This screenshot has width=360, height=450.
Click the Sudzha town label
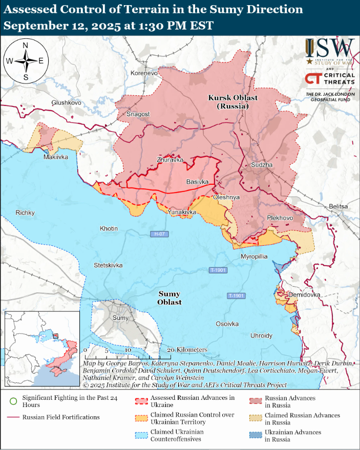click(262, 165)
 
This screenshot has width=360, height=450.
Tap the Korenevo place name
click(144, 74)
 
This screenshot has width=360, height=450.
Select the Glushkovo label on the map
click(66, 103)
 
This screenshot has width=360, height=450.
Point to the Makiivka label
click(56, 157)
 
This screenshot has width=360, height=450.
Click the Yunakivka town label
click(182, 211)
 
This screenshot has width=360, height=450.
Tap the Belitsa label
click(338, 206)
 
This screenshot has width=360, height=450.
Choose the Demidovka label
click(304, 295)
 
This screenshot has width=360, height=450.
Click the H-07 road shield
click(159, 234)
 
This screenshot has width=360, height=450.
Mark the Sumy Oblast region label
click(170, 298)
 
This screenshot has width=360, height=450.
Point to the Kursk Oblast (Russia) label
click(232, 102)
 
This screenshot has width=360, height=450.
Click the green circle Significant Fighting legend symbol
click(13, 401)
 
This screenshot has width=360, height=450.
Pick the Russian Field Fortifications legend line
click(13, 417)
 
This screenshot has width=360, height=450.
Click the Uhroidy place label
click(261, 335)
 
